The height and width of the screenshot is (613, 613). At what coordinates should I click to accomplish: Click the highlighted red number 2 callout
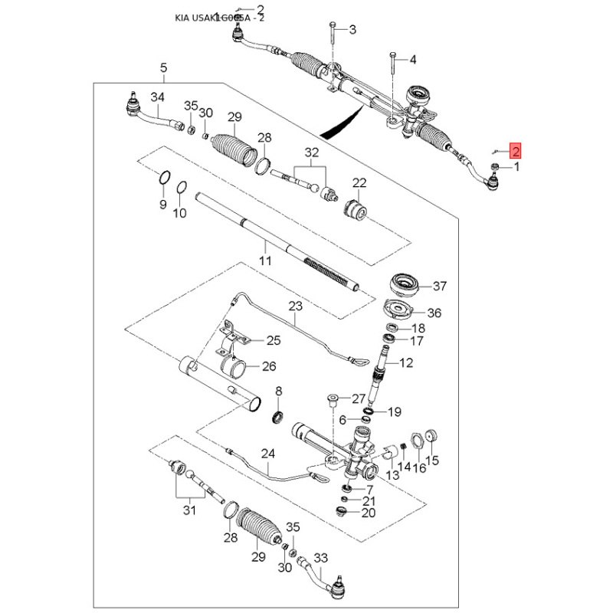pyautogui.click(x=516, y=152)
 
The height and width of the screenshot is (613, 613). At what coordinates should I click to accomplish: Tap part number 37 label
pyautogui.click(x=439, y=287)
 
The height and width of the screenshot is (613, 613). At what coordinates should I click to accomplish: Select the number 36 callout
pyautogui.click(x=434, y=313)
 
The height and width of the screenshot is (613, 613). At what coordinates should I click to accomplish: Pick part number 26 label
pyautogui.click(x=268, y=366)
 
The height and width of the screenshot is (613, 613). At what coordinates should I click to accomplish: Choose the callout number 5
pyautogui.click(x=163, y=68)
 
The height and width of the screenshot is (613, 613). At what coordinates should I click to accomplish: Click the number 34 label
pyautogui.click(x=157, y=97)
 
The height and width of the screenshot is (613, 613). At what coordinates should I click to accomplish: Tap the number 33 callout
pyautogui.click(x=321, y=558)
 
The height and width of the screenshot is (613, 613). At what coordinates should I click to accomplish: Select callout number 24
pyautogui.click(x=267, y=453)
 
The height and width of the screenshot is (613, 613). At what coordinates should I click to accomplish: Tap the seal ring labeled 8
pyautogui.click(x=279, y=417)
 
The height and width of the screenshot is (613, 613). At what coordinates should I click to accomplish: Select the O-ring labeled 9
pyautogui.click(x=163, y=179)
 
